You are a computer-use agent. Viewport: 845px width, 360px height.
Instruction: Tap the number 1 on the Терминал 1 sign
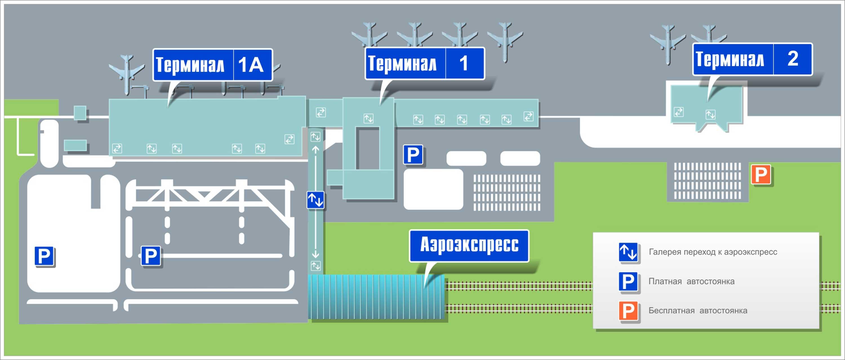point(464,63)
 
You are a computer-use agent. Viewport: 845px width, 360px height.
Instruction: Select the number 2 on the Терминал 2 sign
point(793,59)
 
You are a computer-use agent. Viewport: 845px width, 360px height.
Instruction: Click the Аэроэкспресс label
point(469,245)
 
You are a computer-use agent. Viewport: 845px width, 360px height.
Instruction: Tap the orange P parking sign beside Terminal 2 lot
point(761,175)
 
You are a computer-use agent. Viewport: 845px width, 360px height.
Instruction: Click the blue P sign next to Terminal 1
point(413,154)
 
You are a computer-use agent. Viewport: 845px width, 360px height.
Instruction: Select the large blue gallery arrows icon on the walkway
point(315,200)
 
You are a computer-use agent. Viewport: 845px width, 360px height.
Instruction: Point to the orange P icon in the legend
point(628,311)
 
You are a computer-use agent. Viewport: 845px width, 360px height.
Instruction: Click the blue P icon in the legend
point(628,282)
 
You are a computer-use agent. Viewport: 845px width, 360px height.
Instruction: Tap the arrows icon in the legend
point(628,252)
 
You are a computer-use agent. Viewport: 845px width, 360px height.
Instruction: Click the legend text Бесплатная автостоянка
point(698,310)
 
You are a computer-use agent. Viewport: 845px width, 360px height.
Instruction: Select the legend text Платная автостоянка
point(691,281)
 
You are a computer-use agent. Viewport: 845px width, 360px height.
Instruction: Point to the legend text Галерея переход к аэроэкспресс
point(713,252)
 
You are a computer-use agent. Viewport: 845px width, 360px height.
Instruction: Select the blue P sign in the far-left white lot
point(44,256)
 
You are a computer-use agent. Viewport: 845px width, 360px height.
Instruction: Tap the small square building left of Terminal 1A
point(80,112)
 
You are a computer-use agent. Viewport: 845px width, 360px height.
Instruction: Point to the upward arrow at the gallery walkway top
point(315,150)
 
